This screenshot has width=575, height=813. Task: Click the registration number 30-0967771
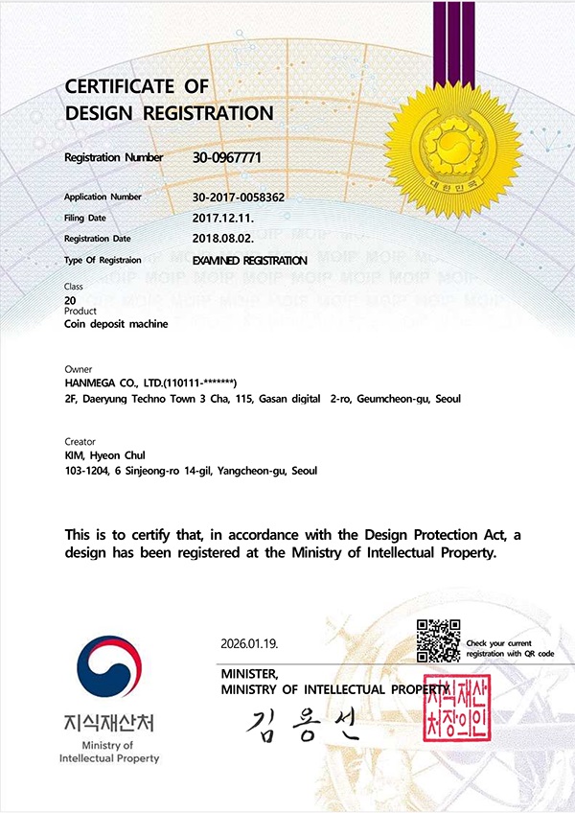(x=227, y=157)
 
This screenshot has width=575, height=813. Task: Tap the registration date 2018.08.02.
(x=223, y=239)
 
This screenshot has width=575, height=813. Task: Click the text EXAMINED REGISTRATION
(x=250, y=261)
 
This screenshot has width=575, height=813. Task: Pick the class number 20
(x=70, y=300)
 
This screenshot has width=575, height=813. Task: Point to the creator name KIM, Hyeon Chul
(x=104, y=455)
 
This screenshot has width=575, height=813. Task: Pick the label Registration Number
(x=114, y=157)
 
